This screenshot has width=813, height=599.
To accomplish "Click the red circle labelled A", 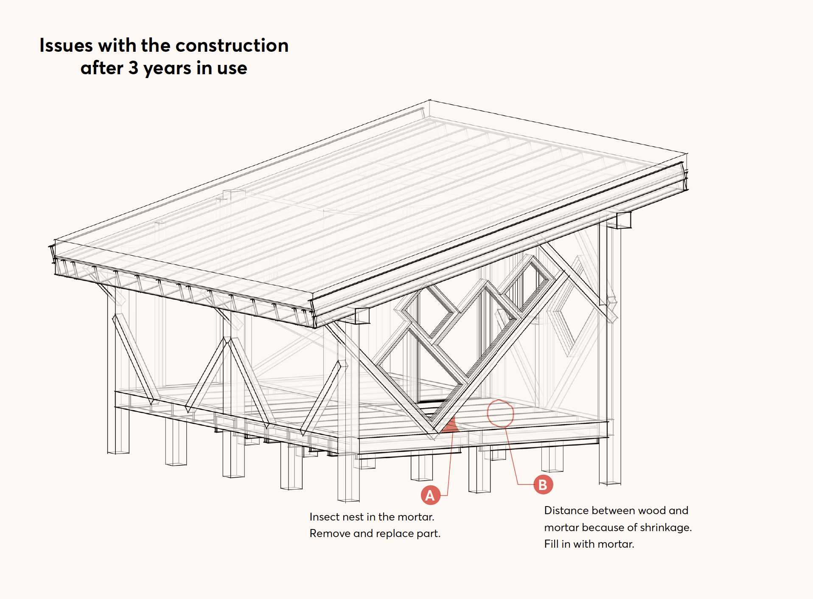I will pos(430,495).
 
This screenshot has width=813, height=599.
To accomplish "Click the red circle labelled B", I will pos(543,484).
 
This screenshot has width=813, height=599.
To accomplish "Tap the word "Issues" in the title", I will pos(66,45).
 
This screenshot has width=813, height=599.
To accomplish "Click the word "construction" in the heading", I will pos(232,45).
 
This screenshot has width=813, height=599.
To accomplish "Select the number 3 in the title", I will pos(133,68).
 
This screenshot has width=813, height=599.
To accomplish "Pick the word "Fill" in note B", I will pos(551,544).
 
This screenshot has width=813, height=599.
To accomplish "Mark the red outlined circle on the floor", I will pos(500,413).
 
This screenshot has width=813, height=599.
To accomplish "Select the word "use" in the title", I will pos(232,68).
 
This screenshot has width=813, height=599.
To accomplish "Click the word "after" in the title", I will pos(102,68).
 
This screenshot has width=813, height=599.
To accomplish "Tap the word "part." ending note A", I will pos(429,534).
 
